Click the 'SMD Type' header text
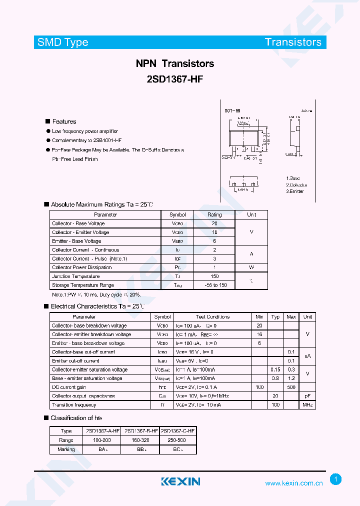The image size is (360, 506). click(x=63, y=42)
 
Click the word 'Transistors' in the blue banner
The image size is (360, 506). click(x=293, y=42)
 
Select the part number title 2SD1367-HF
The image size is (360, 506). click(x=175, y=79)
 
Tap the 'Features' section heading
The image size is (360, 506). click(x=64, y=121)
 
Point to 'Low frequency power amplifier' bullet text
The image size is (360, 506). click(x=85, y=131)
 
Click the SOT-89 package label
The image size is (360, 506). click(x=232, y=110)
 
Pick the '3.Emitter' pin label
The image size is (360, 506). click(x=295, y=191)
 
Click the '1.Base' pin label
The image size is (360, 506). click(x=293, y=178)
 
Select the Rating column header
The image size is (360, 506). click(x=214, y=214)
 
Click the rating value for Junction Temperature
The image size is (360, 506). click(x=214, y=276)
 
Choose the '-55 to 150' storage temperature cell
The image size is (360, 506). click(x=214, y=285)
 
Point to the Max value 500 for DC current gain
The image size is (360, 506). click(x=290, y=387)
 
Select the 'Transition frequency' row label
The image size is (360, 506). click(x=74, y=405)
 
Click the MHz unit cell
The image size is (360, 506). click(x=307, y=405)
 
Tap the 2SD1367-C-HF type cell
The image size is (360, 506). click(x=178, y=431)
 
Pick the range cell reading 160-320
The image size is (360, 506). click(x=141, y=440)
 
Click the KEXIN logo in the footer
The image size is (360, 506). click(x=180, y=481)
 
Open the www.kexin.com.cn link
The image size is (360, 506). click(x=294, y=483)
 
